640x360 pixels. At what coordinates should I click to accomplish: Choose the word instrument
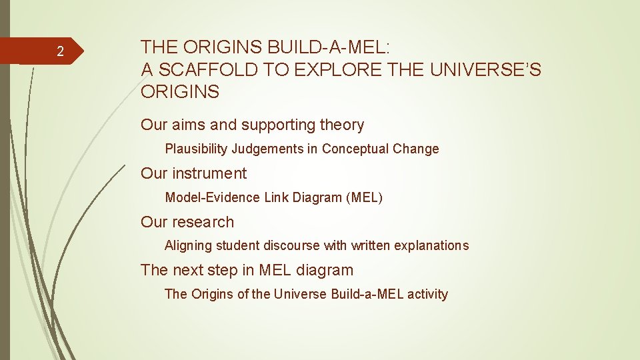click(x=209, y=173)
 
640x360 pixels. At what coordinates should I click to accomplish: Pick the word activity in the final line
click(x=425, y=294)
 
